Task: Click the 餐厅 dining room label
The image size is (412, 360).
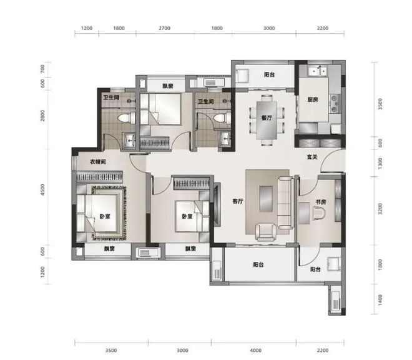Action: point(267,118)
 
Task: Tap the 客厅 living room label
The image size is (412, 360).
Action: point(238,201)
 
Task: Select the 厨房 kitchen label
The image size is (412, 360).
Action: point(312,99)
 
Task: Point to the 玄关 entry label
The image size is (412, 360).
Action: point(312,157)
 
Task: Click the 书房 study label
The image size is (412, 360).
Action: point(321,202)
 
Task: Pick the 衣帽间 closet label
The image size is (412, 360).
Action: point(98,162)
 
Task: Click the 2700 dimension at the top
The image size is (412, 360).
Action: point(164,28)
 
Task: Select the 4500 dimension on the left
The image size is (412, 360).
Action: point(42,190)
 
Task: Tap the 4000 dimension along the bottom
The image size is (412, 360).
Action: point(255,350)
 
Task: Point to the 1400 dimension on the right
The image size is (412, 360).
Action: point(380,300)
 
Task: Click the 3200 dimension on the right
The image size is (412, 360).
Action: point(380,209)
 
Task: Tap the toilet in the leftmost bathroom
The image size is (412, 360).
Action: point(125,118)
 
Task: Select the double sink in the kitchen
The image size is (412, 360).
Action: point(317,71)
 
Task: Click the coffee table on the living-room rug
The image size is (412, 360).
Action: point(266,199)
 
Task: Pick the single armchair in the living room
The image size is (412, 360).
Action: point(266,232)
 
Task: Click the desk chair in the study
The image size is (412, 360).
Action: point(319,212)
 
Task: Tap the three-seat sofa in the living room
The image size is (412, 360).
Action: point(286,202)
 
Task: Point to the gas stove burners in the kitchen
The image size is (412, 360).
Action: point(335,103)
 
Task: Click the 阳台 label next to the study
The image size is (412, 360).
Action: point(315,269)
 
